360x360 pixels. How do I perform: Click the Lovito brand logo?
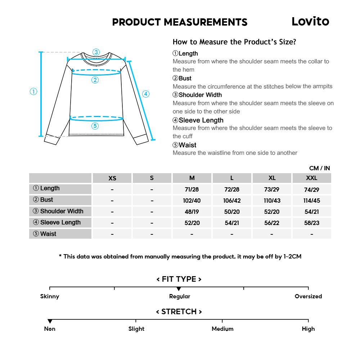310,22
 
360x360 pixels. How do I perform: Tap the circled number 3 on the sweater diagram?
96,52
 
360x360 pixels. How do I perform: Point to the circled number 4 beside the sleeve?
145,94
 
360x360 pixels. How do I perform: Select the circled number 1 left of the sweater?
33,91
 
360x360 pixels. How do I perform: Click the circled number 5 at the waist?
95,126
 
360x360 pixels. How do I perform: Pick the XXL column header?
312,178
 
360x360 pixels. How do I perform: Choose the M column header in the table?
192,178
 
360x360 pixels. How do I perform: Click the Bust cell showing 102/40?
192,201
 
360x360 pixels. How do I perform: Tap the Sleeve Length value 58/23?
312,223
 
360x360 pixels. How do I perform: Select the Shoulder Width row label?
60,211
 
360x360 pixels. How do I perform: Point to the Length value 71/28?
192,189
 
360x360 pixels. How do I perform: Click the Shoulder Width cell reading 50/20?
232,212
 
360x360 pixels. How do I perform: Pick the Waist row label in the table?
60,234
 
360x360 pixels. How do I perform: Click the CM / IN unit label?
319,168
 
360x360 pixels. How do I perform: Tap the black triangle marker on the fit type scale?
179,289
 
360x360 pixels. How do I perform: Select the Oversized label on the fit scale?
308,296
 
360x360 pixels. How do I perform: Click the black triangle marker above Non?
50,321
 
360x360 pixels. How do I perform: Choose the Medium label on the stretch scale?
222,329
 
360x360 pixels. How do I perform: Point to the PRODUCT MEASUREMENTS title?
180,22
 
